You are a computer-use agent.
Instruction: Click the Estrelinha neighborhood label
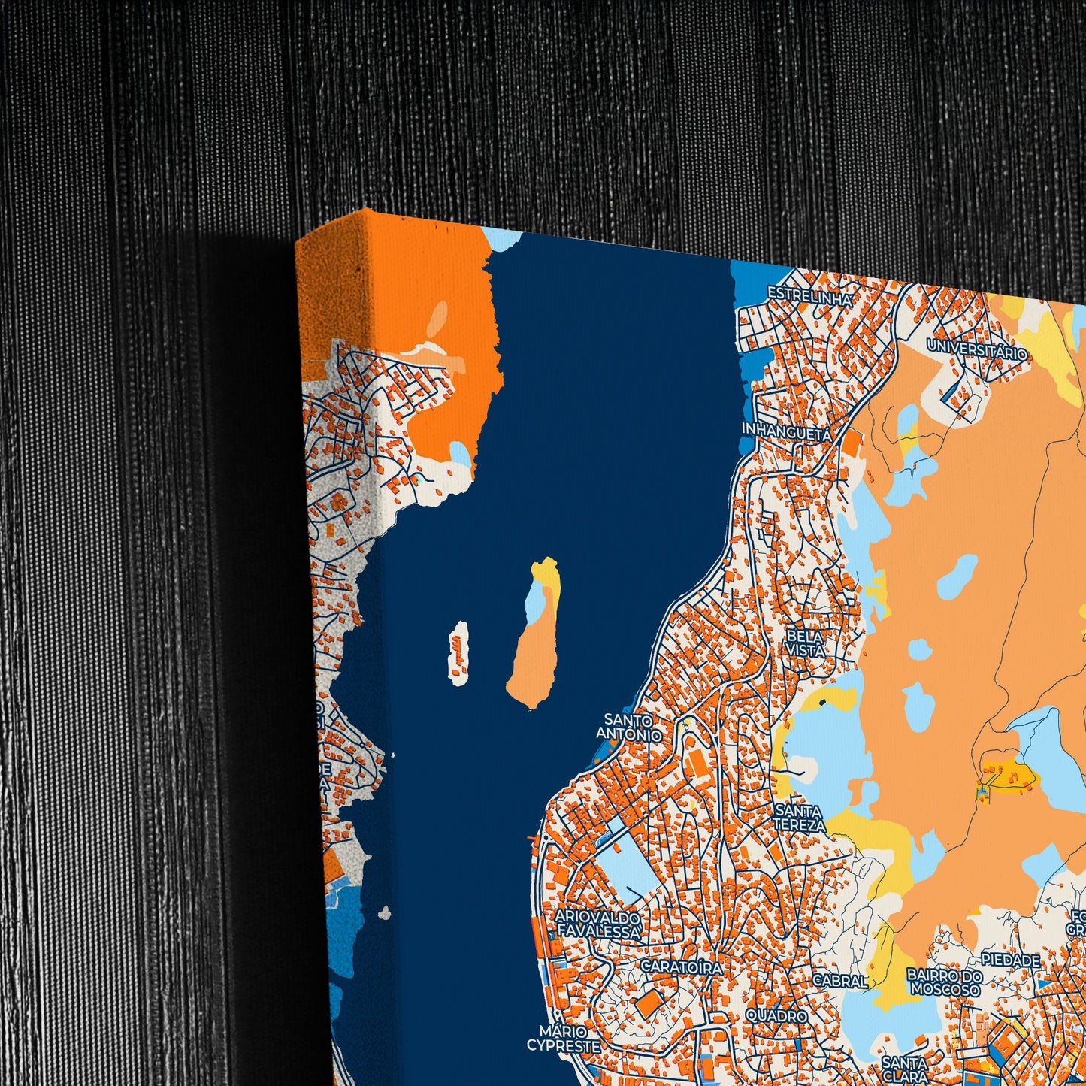809,297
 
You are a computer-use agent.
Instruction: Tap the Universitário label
976,349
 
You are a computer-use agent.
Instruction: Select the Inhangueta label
786,433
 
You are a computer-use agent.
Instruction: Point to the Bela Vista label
805,643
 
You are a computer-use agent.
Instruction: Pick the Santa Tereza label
799,818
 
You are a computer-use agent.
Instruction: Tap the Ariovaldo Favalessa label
598,925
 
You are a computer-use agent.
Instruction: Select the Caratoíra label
682,967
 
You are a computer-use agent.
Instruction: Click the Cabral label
839,980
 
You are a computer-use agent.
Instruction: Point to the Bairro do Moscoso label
945,982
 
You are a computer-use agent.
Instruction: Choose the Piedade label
1011,960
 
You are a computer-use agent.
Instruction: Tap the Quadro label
776,1015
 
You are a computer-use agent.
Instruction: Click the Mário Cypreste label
563,1039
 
